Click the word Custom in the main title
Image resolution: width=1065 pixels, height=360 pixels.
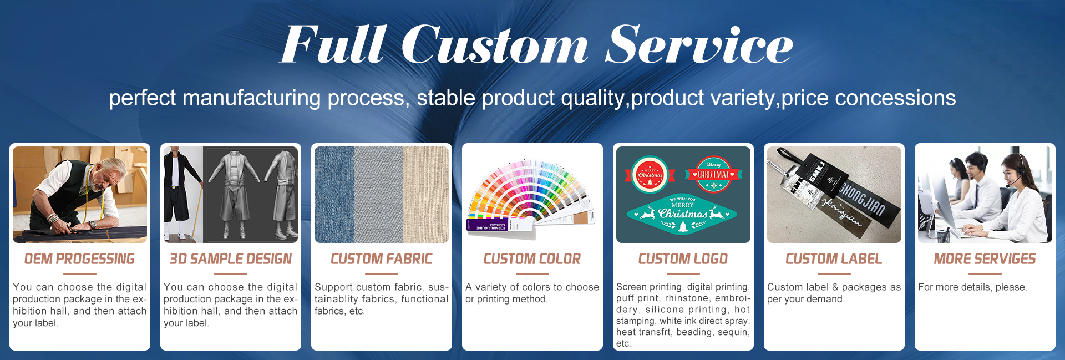tap(495, 45)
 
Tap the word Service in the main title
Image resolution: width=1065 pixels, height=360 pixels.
tap(699, 45)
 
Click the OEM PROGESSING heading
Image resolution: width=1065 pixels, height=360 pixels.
tap(80, 259)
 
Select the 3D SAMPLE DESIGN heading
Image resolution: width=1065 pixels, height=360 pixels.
tap(231, 259)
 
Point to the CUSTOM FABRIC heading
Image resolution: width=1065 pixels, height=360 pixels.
tap(382, 259)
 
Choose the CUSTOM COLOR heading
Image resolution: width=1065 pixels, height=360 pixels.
tap(532, 259)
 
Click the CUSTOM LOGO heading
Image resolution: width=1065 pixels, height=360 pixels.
tap(683, 259)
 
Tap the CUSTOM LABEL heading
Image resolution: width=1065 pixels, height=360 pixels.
tap(834, 259)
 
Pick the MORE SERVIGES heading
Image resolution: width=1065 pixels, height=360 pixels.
tap(985, 259)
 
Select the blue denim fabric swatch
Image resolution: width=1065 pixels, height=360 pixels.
tap(334, 195)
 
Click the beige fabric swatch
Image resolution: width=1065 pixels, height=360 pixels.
tap(425, 195)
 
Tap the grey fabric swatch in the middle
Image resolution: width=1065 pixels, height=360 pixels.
tap(378, 195)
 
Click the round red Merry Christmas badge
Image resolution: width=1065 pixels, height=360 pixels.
tap(650, 175)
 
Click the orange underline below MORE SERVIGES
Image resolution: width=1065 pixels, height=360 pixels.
tap(985, 273)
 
